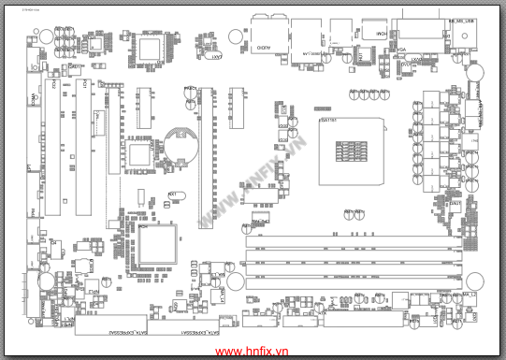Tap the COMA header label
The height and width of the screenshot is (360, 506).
tap(35, 99)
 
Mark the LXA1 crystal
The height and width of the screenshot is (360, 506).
tap(215, 57)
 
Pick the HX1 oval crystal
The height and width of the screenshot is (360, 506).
tap(174, 197)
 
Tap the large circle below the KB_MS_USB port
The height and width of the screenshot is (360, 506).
tap(474, 70)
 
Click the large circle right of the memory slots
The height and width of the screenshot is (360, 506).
tap(474, 281)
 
